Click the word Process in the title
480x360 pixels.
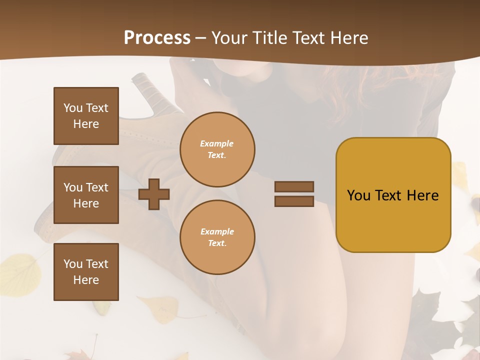157,37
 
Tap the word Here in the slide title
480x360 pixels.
348,37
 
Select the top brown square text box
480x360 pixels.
86,116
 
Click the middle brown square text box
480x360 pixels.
86,195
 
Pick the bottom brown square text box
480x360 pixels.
86,272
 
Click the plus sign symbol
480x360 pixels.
154,194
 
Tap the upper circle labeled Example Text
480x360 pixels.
217,149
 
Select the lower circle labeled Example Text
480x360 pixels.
217,237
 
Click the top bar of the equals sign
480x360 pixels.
294,186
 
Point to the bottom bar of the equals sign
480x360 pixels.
294,201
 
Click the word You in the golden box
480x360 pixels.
359,195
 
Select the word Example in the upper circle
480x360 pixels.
217,143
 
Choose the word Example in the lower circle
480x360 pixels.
217,231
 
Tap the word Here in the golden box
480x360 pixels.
422,195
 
